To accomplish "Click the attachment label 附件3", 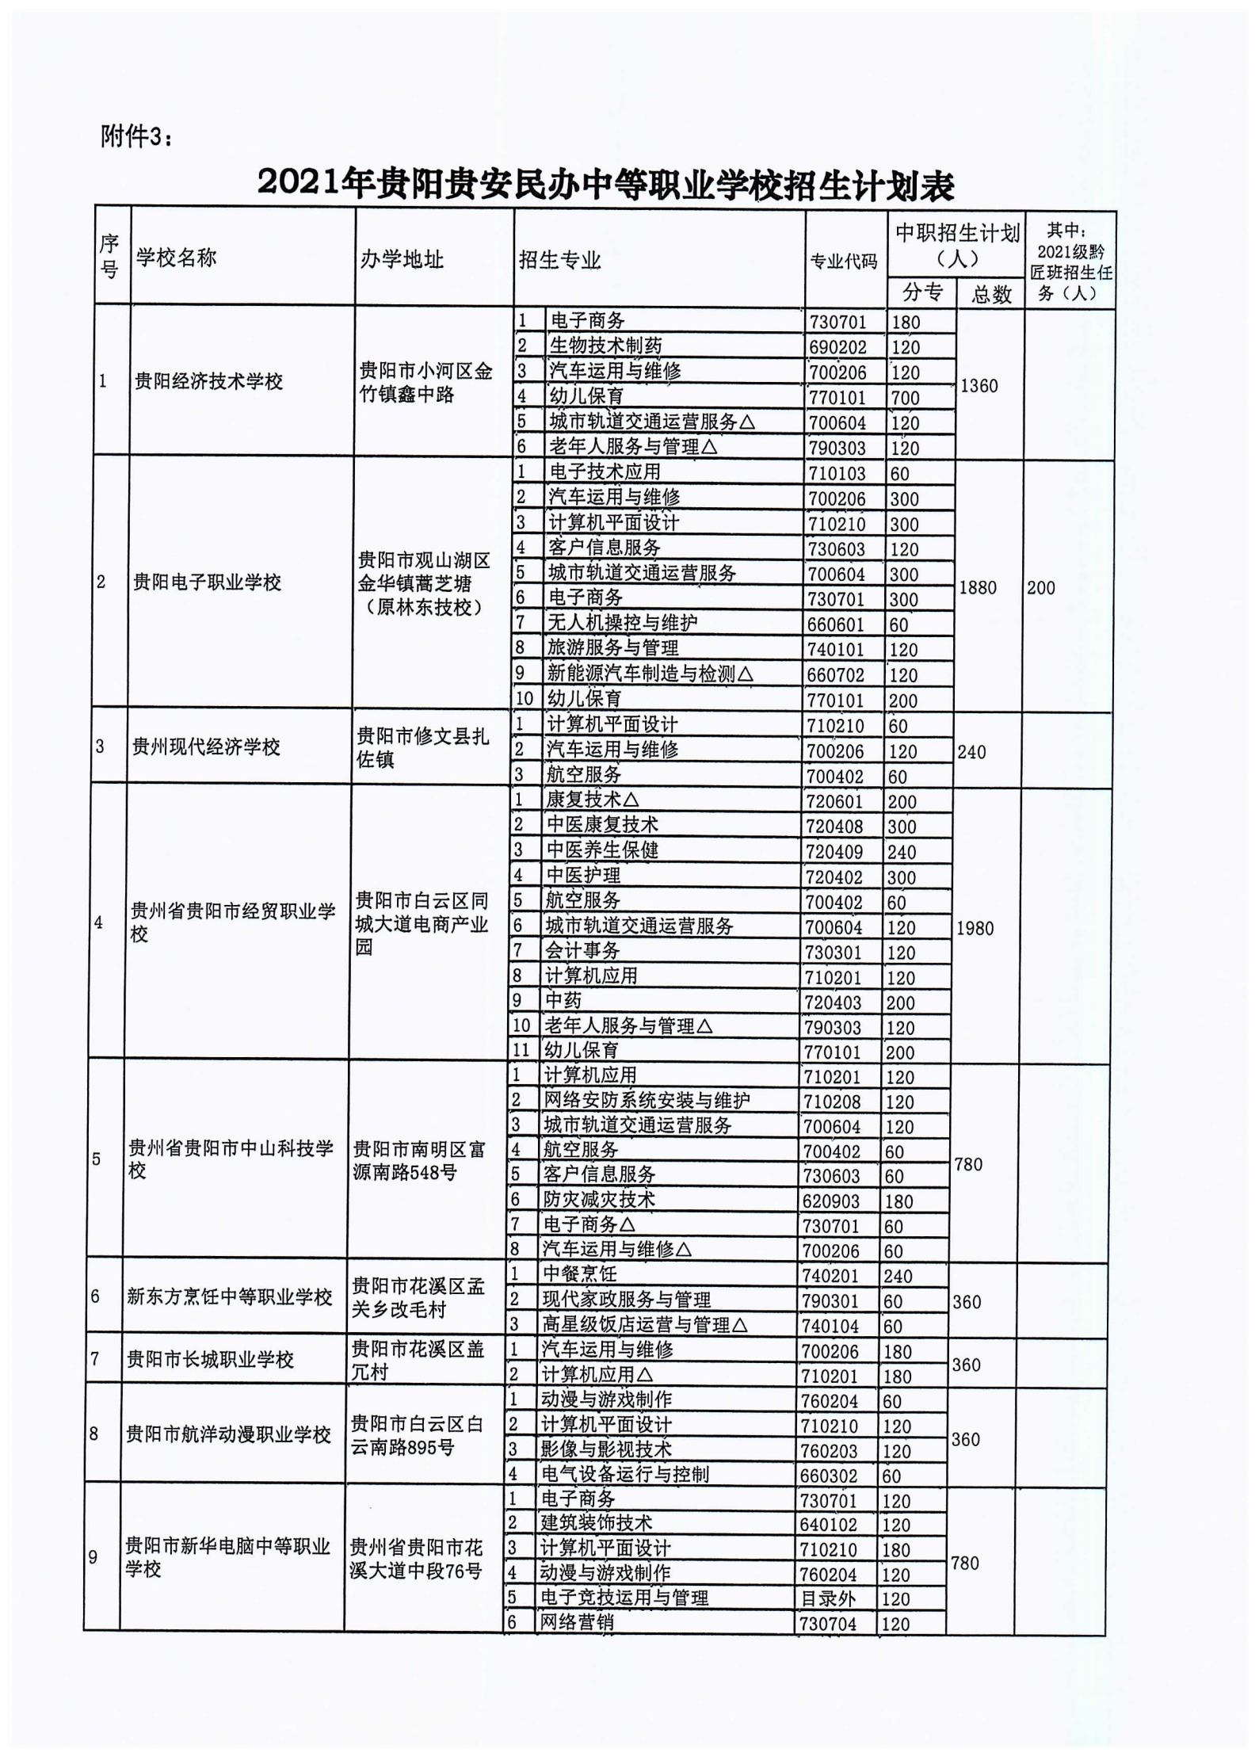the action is (x=135, y=137).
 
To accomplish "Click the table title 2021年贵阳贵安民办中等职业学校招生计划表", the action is (x=605, y=184).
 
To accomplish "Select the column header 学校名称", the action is (x=176, y=258).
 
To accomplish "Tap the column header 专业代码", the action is (x=843, y=261).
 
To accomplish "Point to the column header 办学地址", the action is (x=402, y=259).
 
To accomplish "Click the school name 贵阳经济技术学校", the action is (x=208, y=381).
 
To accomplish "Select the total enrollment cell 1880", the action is (x=977, y=587).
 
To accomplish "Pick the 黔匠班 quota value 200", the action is (x=1041, y=587).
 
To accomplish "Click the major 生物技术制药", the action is (x=605, y=346).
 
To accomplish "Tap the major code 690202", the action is (x=837, y=347).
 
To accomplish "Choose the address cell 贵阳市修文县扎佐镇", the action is (x=422, y=747).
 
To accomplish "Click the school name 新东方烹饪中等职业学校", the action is (x=229, y=1296).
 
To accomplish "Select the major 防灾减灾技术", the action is (x=599, y=1199).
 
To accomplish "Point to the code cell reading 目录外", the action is (x=828, y=1598).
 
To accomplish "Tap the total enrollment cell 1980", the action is (x=975, y=928).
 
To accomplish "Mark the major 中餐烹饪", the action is (x=579, y=1273).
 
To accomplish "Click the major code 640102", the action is (x=829, y=1524).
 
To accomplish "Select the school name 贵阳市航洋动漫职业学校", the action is (x=228, y=1434).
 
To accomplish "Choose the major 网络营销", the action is (x=576, y=1622).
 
